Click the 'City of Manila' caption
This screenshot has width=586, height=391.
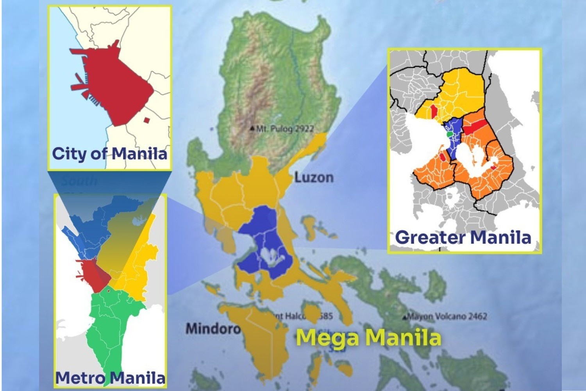(109, 153)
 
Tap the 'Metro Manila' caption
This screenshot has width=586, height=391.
(110, 378)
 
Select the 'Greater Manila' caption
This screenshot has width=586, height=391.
(463, 237)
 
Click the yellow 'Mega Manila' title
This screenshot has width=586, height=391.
(368, 337)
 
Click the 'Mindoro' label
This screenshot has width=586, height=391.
(213, 328)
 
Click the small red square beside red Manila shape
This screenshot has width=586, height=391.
(146, 120)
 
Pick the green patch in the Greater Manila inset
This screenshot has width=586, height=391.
(450, 134)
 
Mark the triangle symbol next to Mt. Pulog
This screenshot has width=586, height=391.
(253, 128)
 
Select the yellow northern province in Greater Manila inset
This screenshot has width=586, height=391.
(461, 94)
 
